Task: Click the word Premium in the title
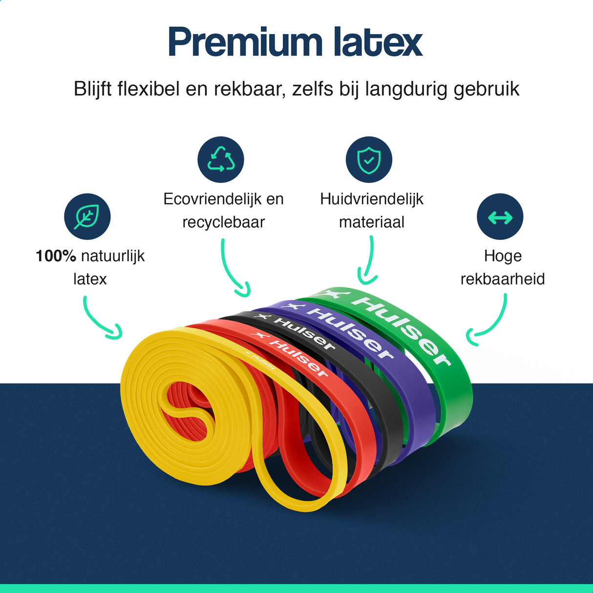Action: click(245, 43)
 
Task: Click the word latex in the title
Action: click(378, 43)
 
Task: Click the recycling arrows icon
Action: click(221, 160)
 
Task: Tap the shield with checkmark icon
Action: click(369, 160)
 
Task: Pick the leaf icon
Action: click(87, 217)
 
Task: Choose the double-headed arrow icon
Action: click(500, 217)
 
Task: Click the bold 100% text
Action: click(56, 256)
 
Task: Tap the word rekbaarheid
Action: click(503, 279)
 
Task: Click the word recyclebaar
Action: click(223, 222)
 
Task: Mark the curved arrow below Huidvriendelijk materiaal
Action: click(368, 261)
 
